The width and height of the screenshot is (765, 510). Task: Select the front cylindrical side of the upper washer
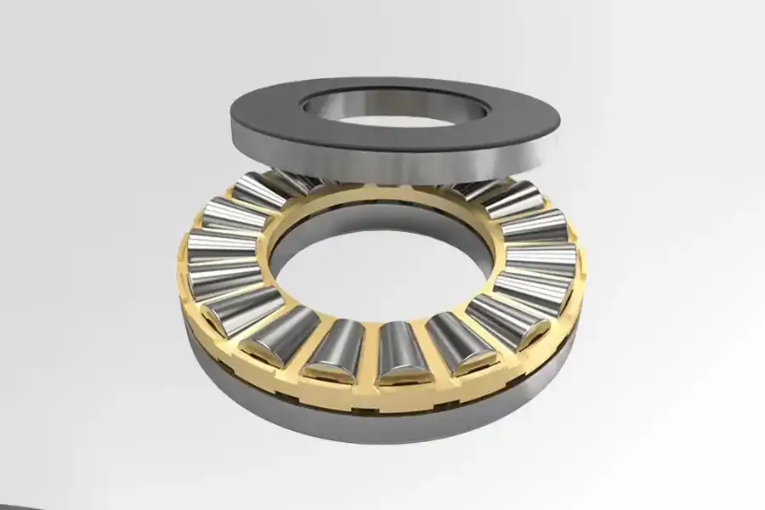tap(382, 166)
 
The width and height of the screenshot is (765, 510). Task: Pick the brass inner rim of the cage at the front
tap(382, 316)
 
